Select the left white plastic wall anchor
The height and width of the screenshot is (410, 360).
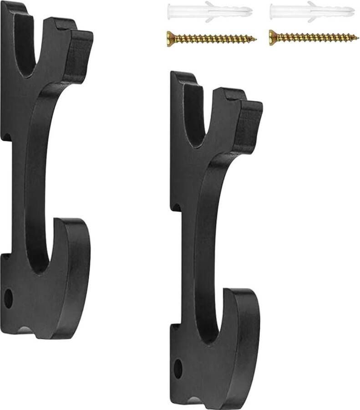[209, 11]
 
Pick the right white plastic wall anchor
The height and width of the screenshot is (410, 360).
[311, 11]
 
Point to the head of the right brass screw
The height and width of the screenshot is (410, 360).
[272, 37]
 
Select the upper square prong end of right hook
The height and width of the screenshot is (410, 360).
[249, 125]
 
